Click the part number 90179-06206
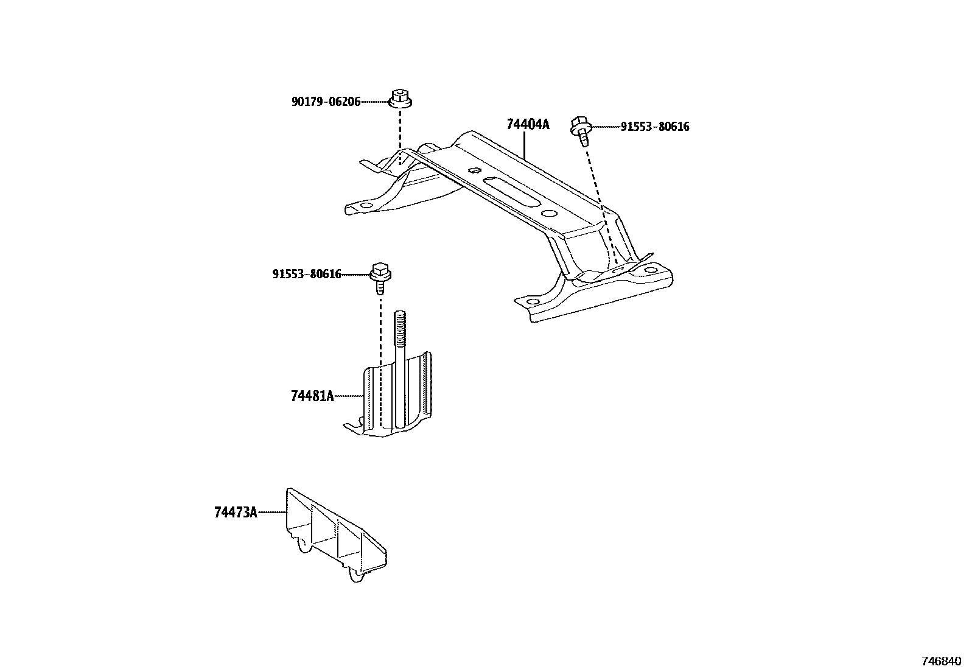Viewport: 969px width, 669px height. point(326,102)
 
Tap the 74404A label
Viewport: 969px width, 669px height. point(528,125)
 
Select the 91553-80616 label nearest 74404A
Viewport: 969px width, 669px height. point(655,127)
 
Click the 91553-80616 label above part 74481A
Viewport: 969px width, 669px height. point(307,275)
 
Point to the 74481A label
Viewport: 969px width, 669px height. point(312,396)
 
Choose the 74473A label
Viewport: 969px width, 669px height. point(236,513)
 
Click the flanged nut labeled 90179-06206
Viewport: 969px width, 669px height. point(399,99)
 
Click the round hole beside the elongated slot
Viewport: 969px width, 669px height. point(548,213)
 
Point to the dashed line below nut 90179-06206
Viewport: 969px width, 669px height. point(400,134)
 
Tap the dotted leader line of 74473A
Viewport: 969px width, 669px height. point(272,513)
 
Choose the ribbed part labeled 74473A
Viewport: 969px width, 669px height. point(335,536)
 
